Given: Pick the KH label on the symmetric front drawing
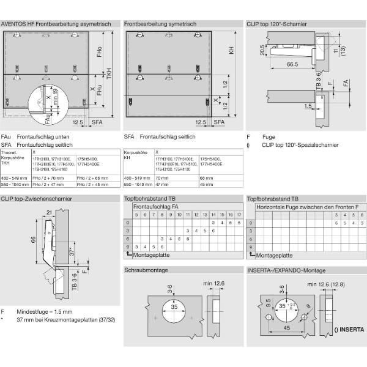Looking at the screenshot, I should pos(232,51).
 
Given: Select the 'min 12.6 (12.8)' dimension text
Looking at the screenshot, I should pos(330,284).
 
